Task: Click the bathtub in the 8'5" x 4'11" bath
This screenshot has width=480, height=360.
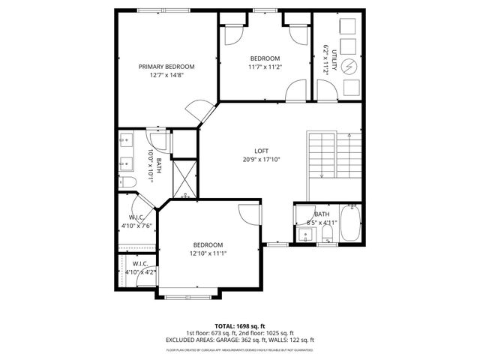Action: (x=350, y=223)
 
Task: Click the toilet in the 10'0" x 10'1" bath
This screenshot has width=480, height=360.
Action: (x=127, y=182)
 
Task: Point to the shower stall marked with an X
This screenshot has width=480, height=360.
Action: (x=184, y=178)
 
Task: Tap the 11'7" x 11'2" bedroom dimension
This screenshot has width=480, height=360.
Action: (x=265, y=67)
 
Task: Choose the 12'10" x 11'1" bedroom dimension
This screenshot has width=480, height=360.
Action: (x=208, y=253)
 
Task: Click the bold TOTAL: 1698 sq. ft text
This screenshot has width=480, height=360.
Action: (x=240, y=326)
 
